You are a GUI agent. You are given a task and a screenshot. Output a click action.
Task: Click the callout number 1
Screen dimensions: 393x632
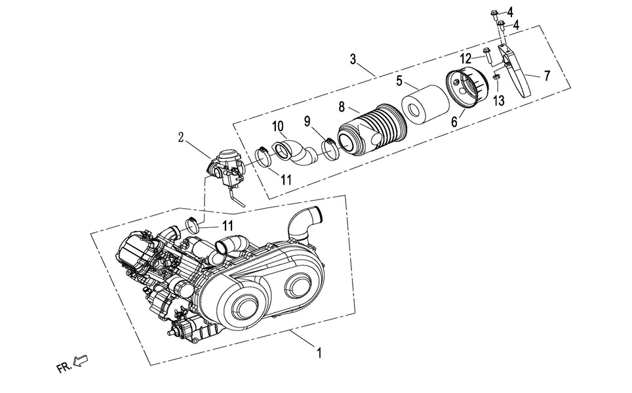point(319,354)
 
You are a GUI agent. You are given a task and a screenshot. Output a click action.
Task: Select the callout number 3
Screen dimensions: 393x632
point(353,60)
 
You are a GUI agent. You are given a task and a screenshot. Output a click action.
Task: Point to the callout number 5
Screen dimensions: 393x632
point(399,81)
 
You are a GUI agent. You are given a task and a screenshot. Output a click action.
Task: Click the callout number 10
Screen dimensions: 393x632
point(277,125)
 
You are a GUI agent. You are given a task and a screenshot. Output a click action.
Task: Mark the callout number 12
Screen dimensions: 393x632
point(465,58)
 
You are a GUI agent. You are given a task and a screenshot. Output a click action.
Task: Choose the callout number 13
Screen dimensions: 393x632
point(500,100)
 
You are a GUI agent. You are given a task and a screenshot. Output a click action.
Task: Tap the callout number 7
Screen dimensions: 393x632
point(546,75)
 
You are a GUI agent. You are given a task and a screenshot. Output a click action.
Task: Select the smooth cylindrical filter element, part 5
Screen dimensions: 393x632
point(425,108)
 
